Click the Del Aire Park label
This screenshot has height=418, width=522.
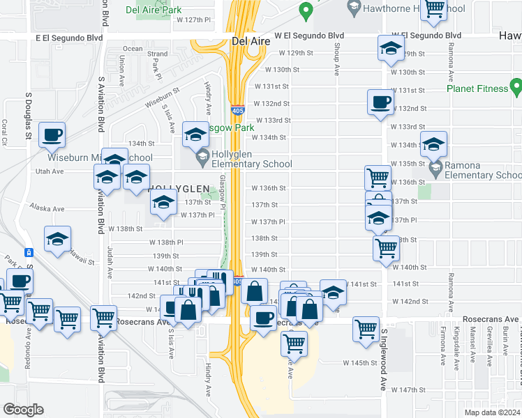pyautogui.click(x=158, y=10)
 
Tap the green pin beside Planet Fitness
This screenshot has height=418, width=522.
pyautogui.click(x=516, y=87)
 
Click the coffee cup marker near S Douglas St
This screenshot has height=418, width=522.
pyautogui.click(x=52, y=135)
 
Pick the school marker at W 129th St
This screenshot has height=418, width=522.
pyautogui.click(x=390, y=48)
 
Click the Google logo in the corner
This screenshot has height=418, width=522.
pyautogui.click(x=22, y=410)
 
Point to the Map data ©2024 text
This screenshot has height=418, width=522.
pyautogui.click(x=491, y=412)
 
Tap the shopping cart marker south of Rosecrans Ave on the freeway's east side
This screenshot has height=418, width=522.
pyautogui.click(x=294, y=342)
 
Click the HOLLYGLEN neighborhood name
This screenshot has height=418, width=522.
pyautogui.click(x=178, y=189)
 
